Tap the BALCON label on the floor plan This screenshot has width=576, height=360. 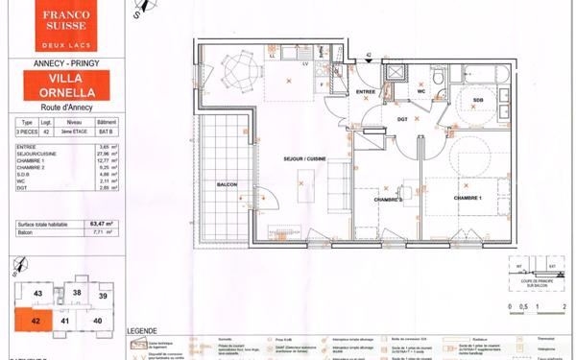227,185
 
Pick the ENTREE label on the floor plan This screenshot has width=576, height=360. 366,91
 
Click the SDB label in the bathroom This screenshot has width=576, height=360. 477,100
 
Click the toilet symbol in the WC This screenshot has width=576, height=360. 435,77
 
